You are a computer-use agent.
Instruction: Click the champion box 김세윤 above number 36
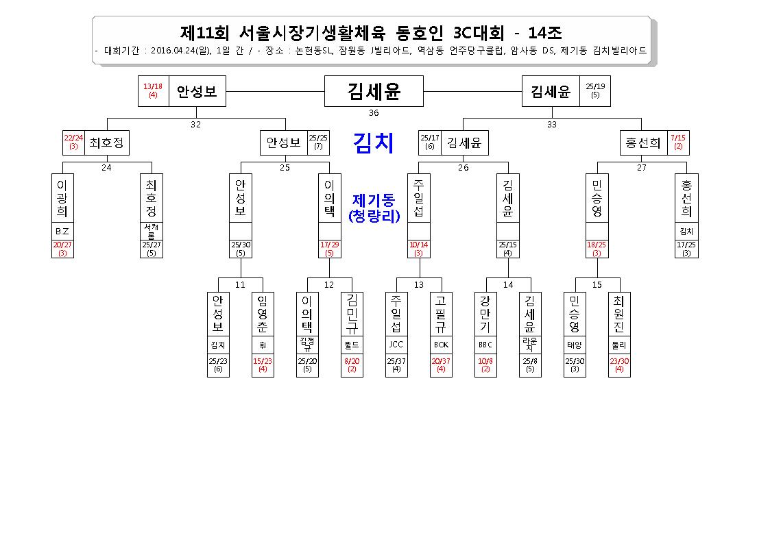point(374,91)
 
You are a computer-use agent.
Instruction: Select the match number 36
point(374,113)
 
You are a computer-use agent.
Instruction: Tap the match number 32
point(195,125)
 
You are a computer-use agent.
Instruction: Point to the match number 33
point(552,125)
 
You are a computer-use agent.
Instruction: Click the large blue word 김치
point(374,143)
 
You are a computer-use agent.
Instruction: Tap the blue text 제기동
point(374,200)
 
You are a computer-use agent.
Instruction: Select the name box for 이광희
point(62,198)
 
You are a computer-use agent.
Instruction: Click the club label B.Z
point(62,232)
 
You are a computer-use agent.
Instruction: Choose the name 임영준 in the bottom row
point(263,314)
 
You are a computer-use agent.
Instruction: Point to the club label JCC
point(396,345)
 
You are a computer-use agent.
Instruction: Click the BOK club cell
point(441,345)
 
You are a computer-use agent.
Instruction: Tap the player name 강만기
point(485,313)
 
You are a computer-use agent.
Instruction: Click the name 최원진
point(618,313)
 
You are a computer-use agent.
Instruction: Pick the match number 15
point(597,285)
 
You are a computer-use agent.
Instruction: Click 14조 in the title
point(545,33)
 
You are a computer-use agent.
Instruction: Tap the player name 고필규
point(441,313)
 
